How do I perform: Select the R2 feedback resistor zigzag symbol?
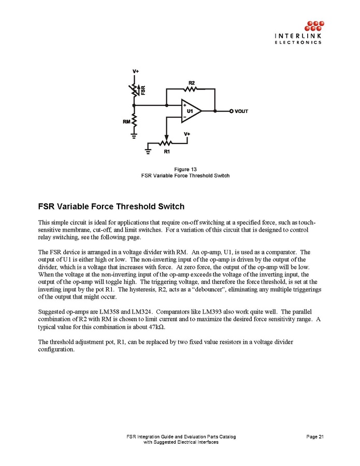pos(191,89)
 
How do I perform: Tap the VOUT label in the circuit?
pos(241,111)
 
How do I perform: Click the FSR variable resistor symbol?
pos(134,90)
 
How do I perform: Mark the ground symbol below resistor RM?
pos(134,134)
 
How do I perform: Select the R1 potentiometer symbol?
pos(166,143)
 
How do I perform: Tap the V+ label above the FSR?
pos(135,72)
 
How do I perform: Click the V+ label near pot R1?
pos(187,134)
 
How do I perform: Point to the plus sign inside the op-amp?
pos(185,105)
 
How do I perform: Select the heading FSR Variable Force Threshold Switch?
pos(111,206)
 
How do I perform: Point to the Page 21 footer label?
pos(314,436)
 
